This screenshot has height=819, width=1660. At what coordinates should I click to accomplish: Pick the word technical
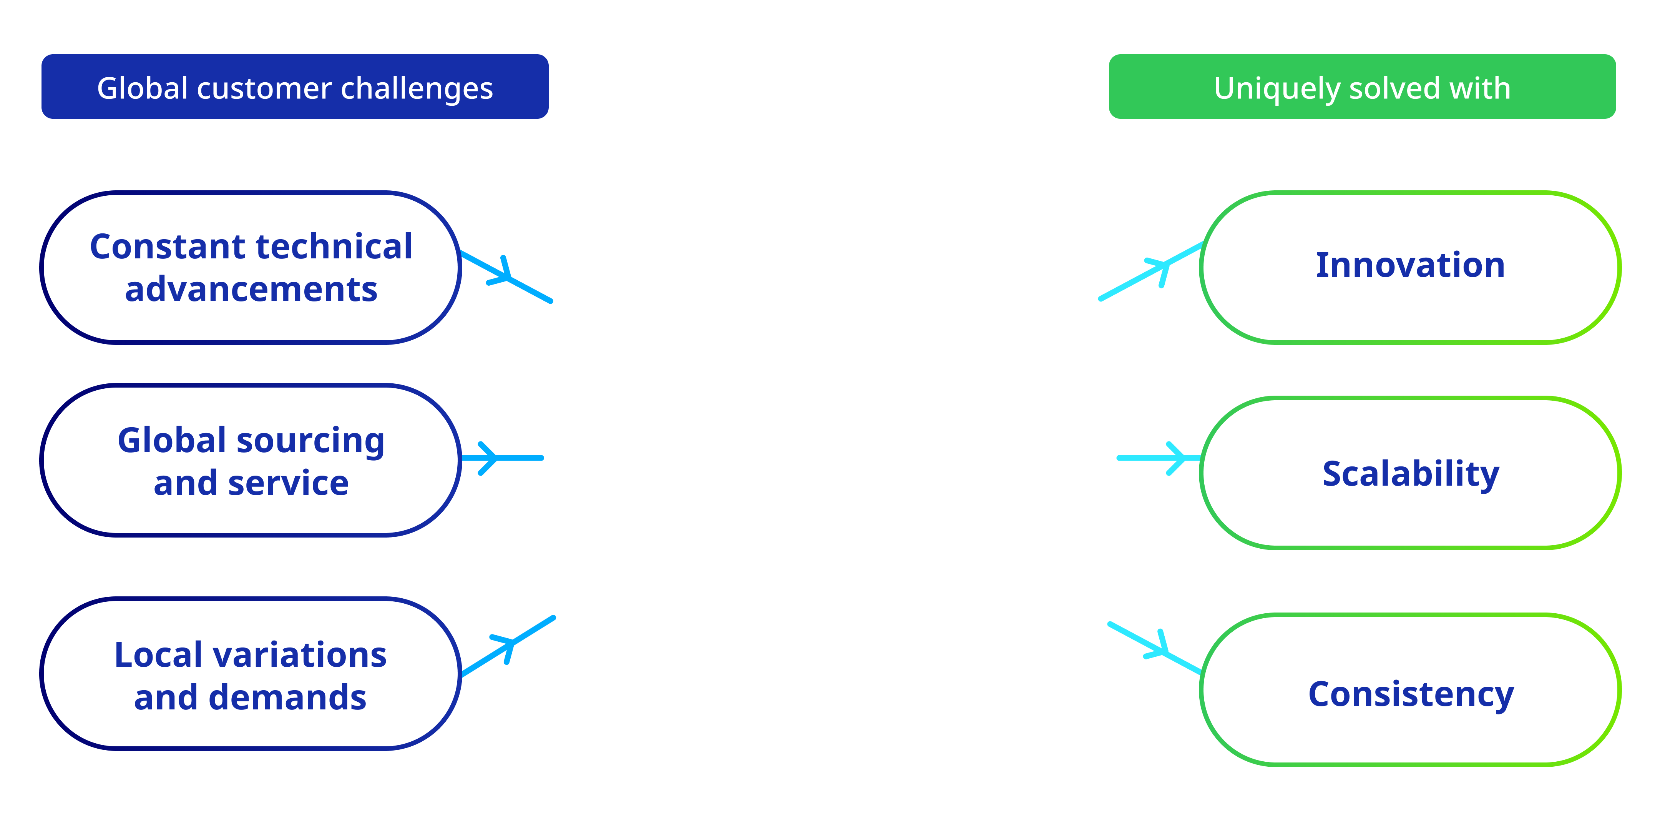coord(334,247)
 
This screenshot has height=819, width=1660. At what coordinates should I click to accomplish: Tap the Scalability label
coord(1411,474)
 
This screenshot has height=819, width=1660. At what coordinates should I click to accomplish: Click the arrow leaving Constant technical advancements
coord(506,277)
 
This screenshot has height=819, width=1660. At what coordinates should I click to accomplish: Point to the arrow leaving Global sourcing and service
coord(503,458)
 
